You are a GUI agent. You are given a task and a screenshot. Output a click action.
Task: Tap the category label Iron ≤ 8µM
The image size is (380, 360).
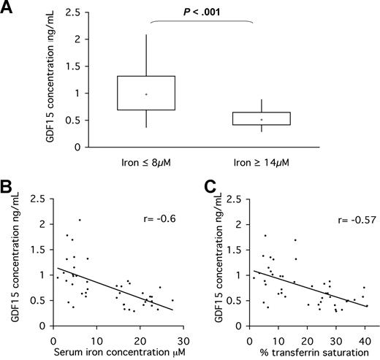pyautogui.click(x=146, y=161)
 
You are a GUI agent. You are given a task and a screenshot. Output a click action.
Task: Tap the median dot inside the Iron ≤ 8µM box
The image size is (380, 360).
pyautogui.click(x=146, y=94)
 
